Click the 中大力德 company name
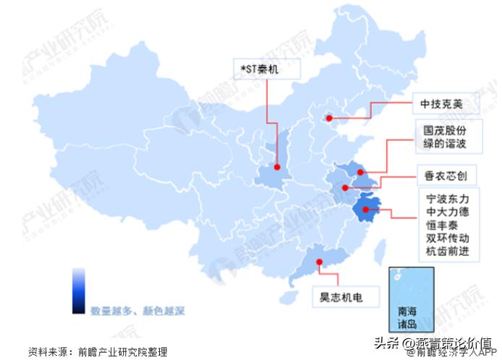click(x=448, y=212)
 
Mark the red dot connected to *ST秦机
click(x=276, y=166)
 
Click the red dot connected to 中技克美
click(x=328, y=118)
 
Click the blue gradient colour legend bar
click(x=78, y=289)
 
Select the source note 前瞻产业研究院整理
click(x=123, y=352)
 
